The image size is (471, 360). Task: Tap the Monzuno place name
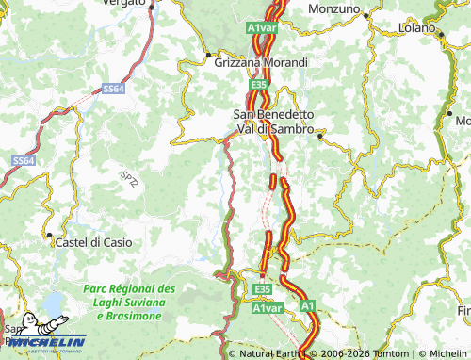coord(335,8)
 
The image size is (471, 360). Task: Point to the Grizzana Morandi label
coord(262,62)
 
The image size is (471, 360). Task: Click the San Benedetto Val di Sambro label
coord(272,122)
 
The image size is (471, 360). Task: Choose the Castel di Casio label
coord(94,242)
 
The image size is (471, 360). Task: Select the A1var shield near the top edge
coord(262,28)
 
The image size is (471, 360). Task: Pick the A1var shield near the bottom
coord(268,308)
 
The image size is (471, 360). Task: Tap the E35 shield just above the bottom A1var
coord(263,288)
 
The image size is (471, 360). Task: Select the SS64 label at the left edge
coord(24,161)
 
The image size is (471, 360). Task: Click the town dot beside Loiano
coord(441,34)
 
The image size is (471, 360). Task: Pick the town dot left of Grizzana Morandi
coord(207,54)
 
